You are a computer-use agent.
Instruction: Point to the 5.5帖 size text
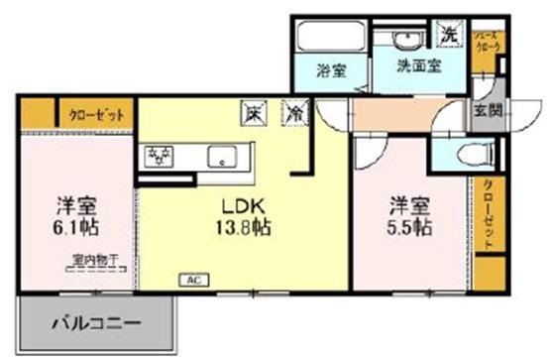(408, 226)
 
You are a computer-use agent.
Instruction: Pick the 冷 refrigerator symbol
(295, 113)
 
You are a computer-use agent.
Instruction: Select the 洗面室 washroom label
(419, 67)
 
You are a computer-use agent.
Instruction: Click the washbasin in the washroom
(405, 40)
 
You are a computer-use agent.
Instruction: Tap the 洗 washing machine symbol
(449, 33)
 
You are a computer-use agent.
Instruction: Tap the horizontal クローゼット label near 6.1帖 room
(96, 113)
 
